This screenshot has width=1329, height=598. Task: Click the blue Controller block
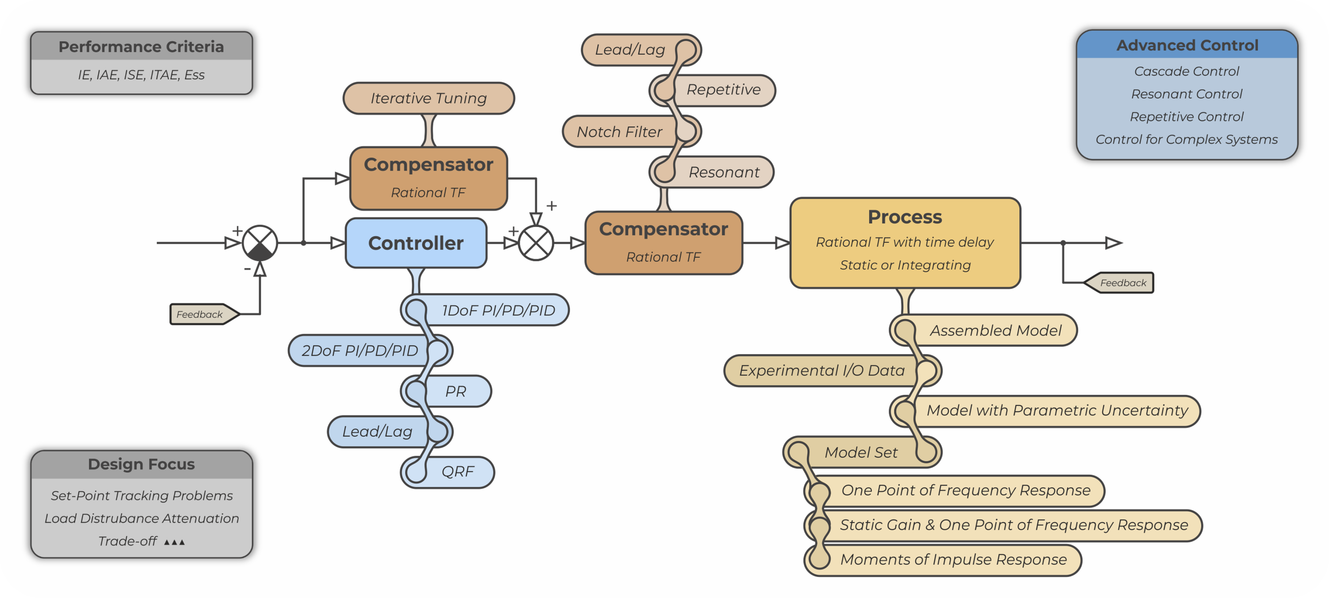point(416,243)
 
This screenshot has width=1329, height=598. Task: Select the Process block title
point(905,217)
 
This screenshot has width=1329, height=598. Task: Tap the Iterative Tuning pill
point(428,98)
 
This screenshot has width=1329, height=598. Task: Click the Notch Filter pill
point(619,132)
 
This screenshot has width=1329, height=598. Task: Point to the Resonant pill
point(723,172)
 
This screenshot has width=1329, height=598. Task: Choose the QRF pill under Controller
point(457,471)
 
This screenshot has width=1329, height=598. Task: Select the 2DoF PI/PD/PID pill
point(359,351)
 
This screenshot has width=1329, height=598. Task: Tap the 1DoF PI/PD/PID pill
point(498,310)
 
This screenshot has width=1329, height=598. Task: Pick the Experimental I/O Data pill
point(821,370)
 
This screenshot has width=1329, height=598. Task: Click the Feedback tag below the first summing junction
point(200,314)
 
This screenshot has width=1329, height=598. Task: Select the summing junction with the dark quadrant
point(260,243)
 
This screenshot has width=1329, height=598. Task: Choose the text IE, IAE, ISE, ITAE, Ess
point(141,75)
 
